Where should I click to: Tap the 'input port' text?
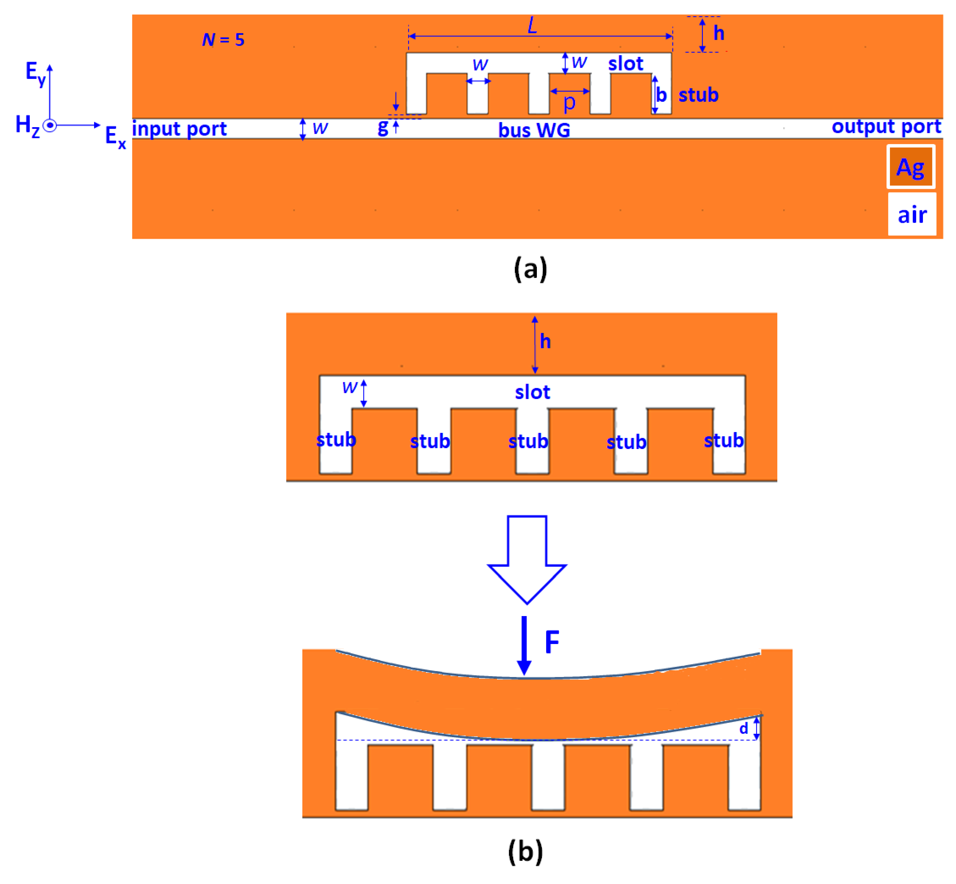(x=179, y=129)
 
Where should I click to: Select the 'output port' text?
(x=886, y=126)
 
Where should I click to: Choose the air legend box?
(x=912, y=214)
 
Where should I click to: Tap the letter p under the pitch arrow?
(x=569, y=102)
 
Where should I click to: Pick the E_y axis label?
(x=35, y=73)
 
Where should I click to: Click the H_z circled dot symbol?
(x=50, y=125)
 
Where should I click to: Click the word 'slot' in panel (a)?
(x=626, y=64)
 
